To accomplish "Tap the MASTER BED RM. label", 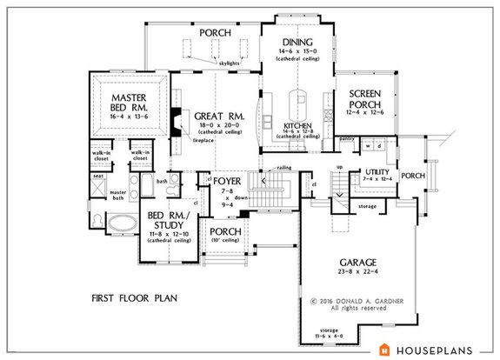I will [128, 100].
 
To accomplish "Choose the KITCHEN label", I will [297, 126].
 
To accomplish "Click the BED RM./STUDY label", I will [165, 220].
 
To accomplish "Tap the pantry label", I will [346, 137].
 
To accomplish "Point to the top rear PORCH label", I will [215, 32].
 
